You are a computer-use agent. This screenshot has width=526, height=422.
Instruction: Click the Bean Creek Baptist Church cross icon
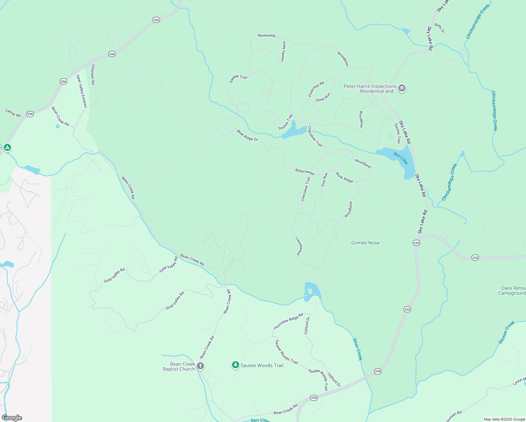(200, 366)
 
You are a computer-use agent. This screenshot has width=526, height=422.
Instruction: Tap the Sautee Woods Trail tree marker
(236, 365)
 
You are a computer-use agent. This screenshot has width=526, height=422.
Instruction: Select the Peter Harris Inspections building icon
(402, 88)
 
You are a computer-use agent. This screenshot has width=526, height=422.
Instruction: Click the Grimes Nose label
(365, 243)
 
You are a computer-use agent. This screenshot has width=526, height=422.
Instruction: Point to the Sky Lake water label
(401, 158)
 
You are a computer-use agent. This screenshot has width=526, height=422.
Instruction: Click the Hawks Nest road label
(283, 51)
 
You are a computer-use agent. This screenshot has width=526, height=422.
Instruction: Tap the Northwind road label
(267, 36)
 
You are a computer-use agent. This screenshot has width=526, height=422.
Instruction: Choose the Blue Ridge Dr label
(247, 135)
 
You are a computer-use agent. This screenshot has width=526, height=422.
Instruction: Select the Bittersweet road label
(305, 172)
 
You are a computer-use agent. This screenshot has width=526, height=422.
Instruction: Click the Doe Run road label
(325, 179)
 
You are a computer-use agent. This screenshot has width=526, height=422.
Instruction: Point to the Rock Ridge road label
(344, 177)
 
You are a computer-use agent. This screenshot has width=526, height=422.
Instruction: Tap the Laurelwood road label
(299, 245)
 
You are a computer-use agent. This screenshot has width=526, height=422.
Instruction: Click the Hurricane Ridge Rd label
(288, 321)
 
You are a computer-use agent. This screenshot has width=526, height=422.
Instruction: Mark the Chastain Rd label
(93, 74)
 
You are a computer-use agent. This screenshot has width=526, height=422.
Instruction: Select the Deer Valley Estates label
(82, 91)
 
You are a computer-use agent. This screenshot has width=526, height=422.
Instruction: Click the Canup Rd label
(13, 113)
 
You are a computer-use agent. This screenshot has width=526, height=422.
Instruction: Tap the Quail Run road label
(323, 97)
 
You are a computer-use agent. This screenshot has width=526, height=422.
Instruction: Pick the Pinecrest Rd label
(316, 89)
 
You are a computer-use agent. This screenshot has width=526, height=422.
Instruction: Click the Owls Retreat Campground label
(513, 290)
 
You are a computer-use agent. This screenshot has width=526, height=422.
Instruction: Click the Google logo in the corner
(12, 418)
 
